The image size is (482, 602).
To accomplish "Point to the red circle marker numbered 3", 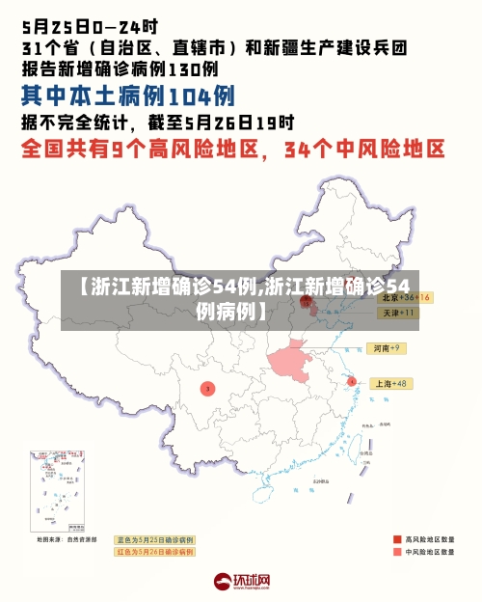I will click(207, 388).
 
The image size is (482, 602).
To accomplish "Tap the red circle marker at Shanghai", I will click(352, 382).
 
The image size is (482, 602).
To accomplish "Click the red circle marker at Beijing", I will click(307, 301).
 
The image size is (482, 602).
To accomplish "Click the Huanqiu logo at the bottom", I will click(241, 582).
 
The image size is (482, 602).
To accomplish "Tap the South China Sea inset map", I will click(58, 491).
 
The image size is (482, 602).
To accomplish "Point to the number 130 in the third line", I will click(192, 68).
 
